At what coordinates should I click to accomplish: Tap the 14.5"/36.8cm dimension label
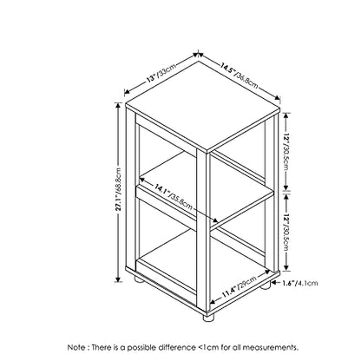tap(239, 75)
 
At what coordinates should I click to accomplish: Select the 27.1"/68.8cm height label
tap(119, 193)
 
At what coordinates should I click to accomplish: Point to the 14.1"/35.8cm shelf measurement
tap(173, 197)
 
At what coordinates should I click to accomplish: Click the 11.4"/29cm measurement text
tap(239, 287)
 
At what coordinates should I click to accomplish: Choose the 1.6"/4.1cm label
tap(300, 283)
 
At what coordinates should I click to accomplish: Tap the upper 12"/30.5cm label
tap(286, 152)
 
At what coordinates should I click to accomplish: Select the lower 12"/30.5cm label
tap(286, 233)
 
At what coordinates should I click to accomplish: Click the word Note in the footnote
tap(76, 347)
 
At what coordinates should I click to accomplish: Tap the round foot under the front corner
tap(207, 318)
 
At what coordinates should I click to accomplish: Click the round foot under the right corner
tap(265, 285)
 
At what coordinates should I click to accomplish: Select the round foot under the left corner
tap(138, 279)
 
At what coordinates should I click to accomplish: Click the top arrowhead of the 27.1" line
tap(118, 105)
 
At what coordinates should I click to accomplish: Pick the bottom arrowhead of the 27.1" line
tap(118, 279)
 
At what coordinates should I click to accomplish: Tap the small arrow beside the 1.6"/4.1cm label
tap(276, 283)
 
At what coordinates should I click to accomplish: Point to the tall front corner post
tap(203, 228)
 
